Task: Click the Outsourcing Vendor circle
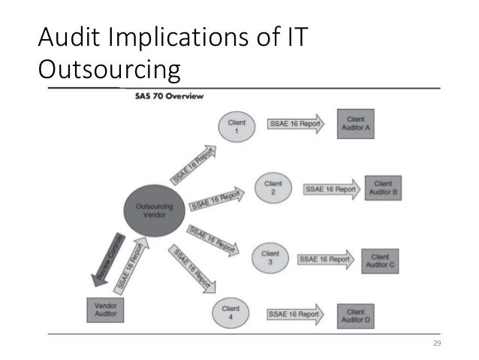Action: tap(154, 207)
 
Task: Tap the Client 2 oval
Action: tap(273, 188)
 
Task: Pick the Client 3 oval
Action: tap(270, 258)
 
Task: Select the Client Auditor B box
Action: tap(383, 188)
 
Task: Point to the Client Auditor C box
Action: tap(380, 261)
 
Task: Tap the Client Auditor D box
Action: tap(356, 315)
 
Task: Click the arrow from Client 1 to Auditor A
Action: tap(294, 124)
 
